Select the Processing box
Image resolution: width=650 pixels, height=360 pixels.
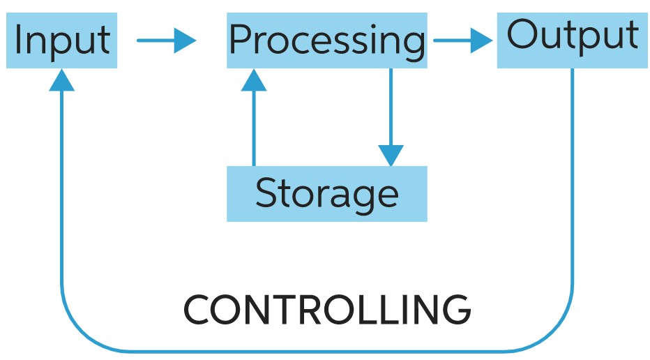[x=326, y=40]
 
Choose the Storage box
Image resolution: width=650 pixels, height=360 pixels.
[x=326, y=193]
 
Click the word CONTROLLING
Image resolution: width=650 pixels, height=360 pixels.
[x=326, y=310]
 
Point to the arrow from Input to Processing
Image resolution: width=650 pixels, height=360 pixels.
[x=166, y=40]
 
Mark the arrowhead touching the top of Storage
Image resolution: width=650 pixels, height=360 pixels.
[x=391, y=155]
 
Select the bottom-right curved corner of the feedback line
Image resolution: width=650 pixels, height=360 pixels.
[x=558, y=335]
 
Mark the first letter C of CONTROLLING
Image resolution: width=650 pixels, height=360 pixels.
[x=197, y=310]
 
